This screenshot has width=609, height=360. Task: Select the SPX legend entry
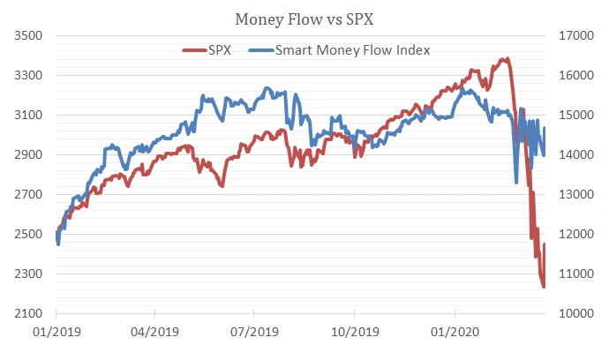click(x=219, y=50)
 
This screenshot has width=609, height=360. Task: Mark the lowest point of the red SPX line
click(x=544, y=286)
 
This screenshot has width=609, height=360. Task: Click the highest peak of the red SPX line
click(x=506, y=59)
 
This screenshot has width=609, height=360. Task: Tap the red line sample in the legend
click(x=193, y=50)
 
